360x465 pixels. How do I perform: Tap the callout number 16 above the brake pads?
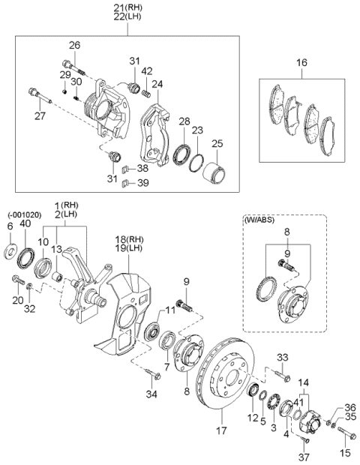(x=301, y=62)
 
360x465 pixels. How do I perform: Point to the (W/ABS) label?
(x=259, y=220)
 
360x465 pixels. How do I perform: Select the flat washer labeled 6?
(x=10, y=251)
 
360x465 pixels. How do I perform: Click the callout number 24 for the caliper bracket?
(x=157, y=85)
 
